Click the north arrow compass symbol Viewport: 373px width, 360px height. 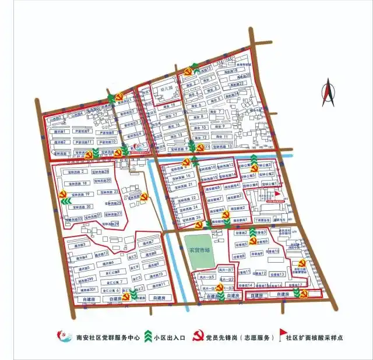pyautogui.click(x=328, y=93)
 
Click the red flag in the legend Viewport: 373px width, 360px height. pyautogui.click(x=283, y=335)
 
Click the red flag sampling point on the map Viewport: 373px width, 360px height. pyautogui.click(x=278, y=193)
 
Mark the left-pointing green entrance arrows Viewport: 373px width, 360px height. pyautogui.click(x=65, y=202)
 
